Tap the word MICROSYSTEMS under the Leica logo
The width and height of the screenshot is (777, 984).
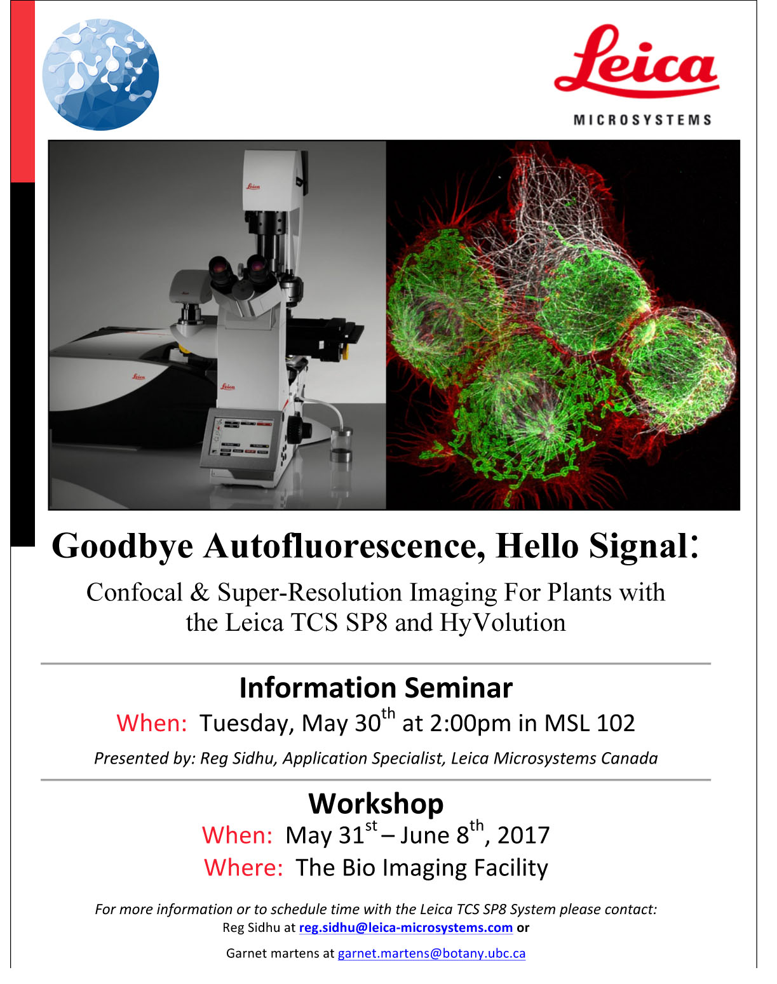click(642, 120)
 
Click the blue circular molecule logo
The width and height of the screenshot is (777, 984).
click(100, 74)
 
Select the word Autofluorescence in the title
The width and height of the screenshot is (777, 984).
click(344, 546)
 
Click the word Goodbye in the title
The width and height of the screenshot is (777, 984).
click(123, 547)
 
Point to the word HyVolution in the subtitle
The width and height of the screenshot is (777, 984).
click(503, 623)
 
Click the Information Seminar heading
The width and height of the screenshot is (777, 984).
click(376, 688)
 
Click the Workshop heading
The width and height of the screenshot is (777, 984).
click(376, 804)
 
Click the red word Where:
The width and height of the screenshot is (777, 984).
click(243, 868)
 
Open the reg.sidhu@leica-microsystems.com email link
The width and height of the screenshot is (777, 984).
click(405, 927)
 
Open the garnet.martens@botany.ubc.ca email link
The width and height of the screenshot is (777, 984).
click(431, 954)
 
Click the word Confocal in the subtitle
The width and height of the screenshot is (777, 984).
click(135, 593)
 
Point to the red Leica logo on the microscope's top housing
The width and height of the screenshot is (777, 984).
click(253, 187)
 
